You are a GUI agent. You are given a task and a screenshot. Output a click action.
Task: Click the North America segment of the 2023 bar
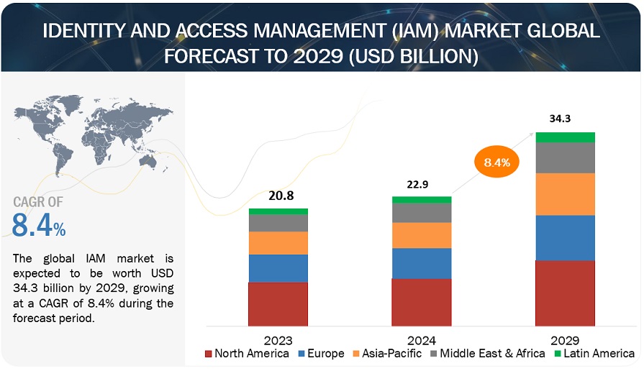[x=278, y=303]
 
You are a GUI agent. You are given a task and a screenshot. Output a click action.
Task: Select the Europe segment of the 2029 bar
[x=566, y=237]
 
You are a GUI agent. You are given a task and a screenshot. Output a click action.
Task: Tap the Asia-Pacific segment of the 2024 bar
[x=422, y=235]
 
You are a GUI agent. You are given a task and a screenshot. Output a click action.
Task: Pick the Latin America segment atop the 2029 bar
[x=566, y=137]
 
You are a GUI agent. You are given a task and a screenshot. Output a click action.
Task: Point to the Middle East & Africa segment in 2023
[x=278, y=223]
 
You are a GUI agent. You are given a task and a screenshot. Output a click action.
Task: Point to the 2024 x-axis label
[x=422, y=339]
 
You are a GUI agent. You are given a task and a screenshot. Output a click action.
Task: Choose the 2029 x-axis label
[x=566, y=339]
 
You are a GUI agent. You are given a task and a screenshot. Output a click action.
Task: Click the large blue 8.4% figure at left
[x=39, y=226]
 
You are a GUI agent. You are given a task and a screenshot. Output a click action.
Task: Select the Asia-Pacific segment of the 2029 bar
[x=566, y=194]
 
